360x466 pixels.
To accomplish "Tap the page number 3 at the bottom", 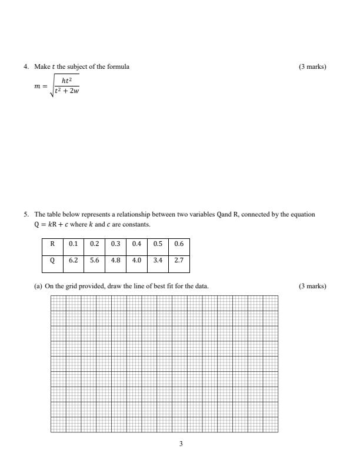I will pyautogui.click(x=181, y=444).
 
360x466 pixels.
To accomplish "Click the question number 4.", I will pyautogui.click(x=26, y=66).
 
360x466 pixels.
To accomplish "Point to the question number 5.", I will pyautogui.click(x=26, y=215).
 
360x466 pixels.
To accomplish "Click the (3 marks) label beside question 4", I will pyautogui.click(x=312, y=66).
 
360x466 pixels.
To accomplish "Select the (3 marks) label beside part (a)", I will pyautogui.click(x=312, y=287).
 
